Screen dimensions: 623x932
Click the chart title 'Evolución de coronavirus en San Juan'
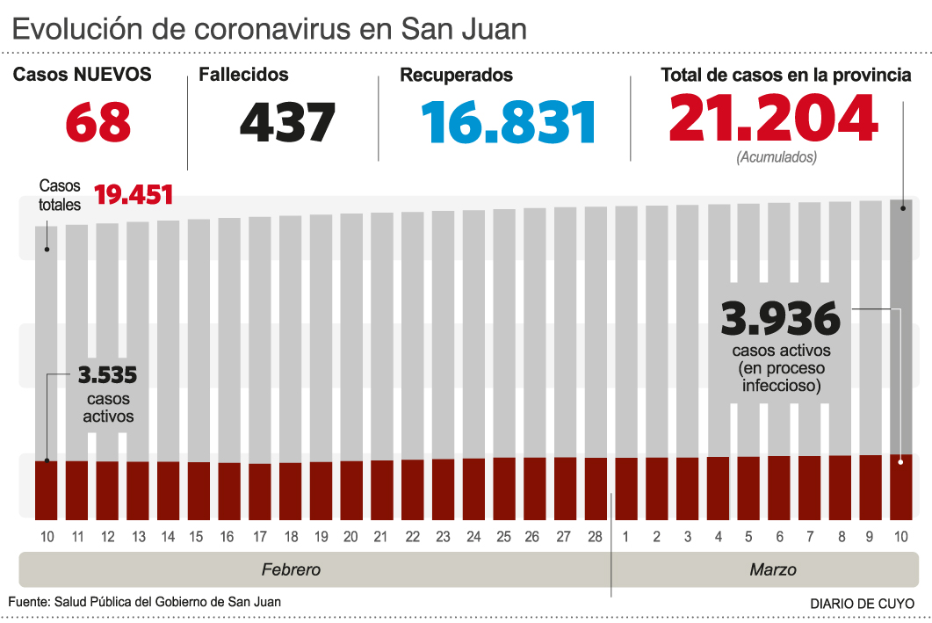[x=270, y=28]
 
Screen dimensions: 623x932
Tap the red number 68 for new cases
[x=98, y=123]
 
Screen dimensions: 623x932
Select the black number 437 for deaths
[x=287, y=123]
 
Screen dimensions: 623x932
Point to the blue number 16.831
[x=509, y=123]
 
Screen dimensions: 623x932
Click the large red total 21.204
[x=773, y=120]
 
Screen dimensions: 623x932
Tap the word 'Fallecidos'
[x=243, y=76]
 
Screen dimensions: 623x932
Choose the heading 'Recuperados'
[x=456, y=76]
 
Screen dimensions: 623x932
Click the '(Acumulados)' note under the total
[x=777, y=158]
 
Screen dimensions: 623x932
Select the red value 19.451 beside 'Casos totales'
[x=134, y=194]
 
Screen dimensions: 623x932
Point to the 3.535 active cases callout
[x=107, y=376]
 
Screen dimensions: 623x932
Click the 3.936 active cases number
[x=780, y=318]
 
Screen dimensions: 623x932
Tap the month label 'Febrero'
[x=291, y=569]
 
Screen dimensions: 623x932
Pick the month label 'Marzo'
[x=773, y=569]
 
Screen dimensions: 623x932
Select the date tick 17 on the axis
[x=259, y=536]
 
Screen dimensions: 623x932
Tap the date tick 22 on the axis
[x=412, y=536]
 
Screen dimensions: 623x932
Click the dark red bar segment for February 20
[x=351, y=489]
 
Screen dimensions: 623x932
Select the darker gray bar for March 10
[x=899, y=325]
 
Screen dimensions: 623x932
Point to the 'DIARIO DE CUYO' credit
[x=861, y=604]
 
